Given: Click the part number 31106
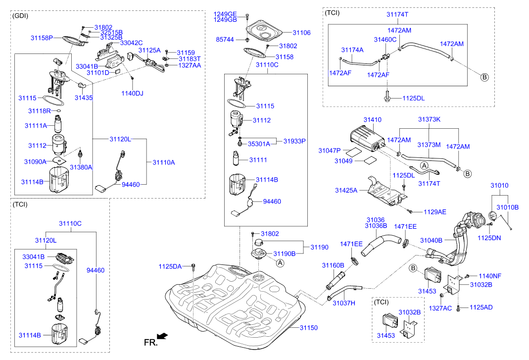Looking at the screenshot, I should point(301,33).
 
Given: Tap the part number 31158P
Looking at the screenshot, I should point(42,38).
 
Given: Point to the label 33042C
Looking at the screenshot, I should point(131,43).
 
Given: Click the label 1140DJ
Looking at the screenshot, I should point(132,93).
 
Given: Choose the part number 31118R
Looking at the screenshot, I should point(40,111).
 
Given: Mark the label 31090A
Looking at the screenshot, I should point(35,161).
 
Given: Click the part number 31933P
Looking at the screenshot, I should point(294,141).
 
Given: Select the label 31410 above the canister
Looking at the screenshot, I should point(373,120).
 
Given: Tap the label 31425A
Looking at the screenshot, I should point(346,190).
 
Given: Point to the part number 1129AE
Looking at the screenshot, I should point(434,212).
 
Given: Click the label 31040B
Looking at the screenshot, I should point(431,240).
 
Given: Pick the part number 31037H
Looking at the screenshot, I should point(343,303).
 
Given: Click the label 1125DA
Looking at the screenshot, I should point(170,266).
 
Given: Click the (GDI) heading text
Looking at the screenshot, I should point(20,15).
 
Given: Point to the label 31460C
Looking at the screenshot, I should point(385,39).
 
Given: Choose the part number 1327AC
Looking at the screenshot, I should point(440,308).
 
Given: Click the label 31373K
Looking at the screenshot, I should point(429,120).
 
